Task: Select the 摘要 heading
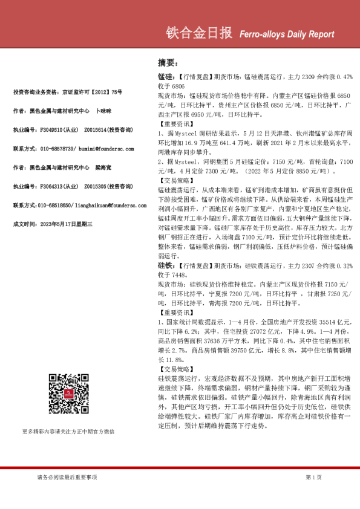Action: tap(167, 63)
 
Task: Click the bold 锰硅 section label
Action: tap(165, 78)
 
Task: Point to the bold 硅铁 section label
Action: tap(165, 265)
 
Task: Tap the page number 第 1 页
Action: tap(314, 477)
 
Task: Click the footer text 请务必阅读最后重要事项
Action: tap(67, 477)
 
